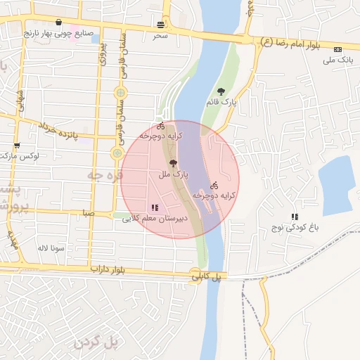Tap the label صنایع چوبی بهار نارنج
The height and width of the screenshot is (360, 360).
[x=55, y=32]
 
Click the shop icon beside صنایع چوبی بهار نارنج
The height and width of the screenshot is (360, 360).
[x=57, y=22]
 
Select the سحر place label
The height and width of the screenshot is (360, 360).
[x=161, y=34]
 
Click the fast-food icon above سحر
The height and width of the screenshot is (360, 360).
[x=161, y=25]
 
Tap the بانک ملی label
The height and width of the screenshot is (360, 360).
[x=337, y=60]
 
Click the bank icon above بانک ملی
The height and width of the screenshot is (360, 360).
[x=338, y=50]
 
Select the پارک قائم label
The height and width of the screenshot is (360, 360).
[x=221, y=103]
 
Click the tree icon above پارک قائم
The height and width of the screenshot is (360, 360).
[x=221, y=91]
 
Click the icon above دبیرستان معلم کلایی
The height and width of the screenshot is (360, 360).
[x=154, y=207]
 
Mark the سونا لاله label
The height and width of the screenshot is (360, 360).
[x=53, y=248]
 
